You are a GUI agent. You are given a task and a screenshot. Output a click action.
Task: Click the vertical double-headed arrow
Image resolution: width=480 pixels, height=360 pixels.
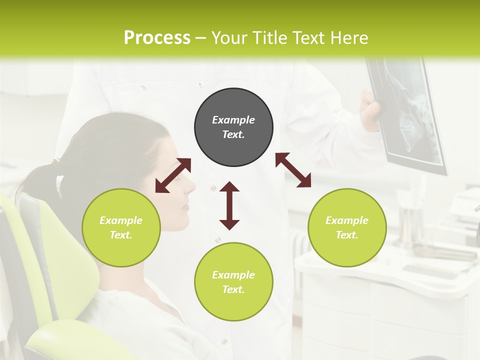tap(229, 206)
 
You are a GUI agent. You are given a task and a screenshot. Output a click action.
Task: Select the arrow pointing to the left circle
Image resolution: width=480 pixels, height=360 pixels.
tap(173, 175)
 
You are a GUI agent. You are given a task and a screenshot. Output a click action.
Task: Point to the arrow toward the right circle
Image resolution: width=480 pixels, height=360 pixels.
tap(293, 170)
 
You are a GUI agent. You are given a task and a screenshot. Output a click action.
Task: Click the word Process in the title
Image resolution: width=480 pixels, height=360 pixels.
tap(157, 38)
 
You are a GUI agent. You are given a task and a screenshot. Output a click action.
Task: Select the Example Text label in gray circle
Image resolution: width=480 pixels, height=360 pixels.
tap(233, 127)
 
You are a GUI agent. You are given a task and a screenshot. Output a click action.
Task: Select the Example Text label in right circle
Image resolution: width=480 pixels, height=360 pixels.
tap(347, 227)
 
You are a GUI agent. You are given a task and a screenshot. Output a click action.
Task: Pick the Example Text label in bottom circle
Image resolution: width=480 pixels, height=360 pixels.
tap(233, 282)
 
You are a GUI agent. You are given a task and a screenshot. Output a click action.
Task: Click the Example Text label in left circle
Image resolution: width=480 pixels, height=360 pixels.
tap(121, 227)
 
